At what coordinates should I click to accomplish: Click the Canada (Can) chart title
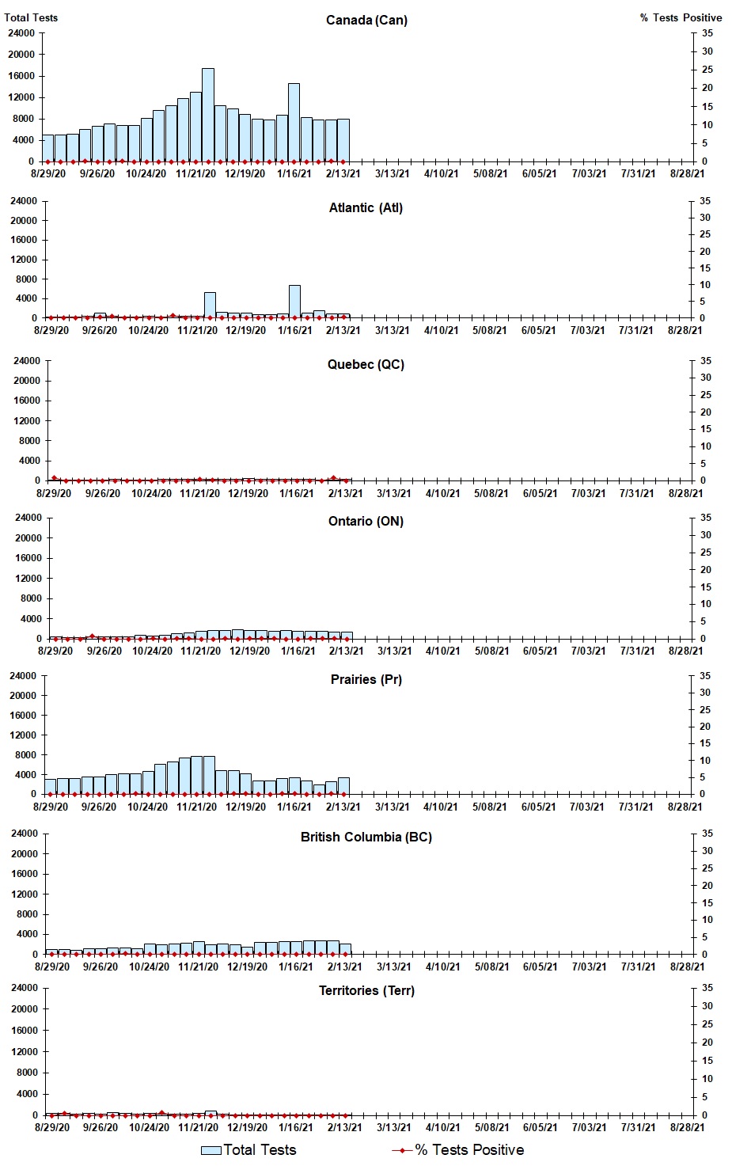click(366, 20)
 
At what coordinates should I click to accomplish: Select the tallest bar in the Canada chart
click(208, 115)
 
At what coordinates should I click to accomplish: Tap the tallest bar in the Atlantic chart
click(294, 302)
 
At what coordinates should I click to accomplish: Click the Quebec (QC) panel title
click(366, 365)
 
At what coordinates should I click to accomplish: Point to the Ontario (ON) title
click(366, 522)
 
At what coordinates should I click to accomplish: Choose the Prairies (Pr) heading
click(366, 680)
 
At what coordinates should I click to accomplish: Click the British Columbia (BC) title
click(366, 837)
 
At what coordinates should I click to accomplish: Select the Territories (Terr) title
click(366, 991)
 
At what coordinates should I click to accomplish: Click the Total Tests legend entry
click(249, 1150)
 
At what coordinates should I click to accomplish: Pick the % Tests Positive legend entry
click(459, 1150)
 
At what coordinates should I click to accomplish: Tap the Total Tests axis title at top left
click(31, 17)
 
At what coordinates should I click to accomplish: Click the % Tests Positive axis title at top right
click(681, 17)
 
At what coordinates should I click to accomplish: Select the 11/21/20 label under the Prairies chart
click(196, 807)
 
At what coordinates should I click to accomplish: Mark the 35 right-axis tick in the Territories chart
click(707, 988)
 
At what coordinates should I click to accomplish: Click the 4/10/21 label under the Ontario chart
click(442, 651)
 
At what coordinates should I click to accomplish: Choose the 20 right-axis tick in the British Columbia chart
click(707, 886)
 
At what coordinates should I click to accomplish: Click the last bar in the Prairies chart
click(343, 786)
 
